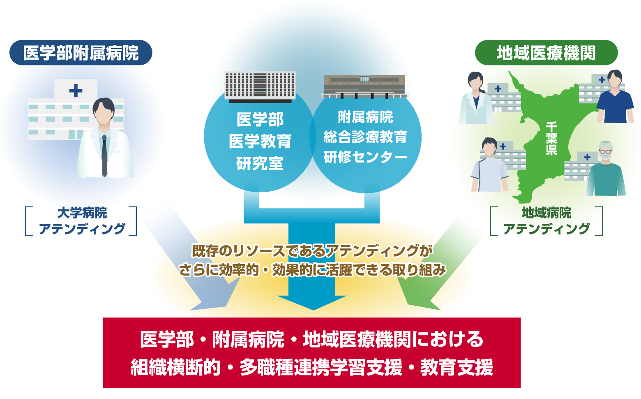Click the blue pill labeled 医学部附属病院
coord(81,53)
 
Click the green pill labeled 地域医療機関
coord(546,53)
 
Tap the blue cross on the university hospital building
coord(76,90)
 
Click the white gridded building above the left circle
coord(260,86)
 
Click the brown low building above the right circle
coord(364,86)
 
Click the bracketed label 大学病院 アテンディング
coord(81,221)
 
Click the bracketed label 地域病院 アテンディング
coord(546,221)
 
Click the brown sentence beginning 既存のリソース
coord(312,251)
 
